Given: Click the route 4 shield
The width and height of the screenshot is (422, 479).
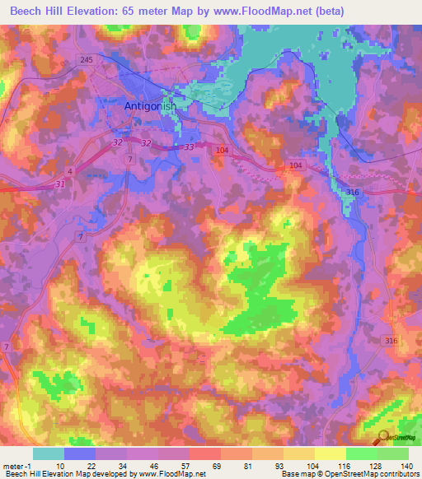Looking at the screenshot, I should click(x=70, y=170).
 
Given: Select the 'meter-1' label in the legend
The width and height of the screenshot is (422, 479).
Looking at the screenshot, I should click(x=18, y=465).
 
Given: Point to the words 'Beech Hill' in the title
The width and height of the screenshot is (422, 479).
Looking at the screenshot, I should click(x=32, y=10).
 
